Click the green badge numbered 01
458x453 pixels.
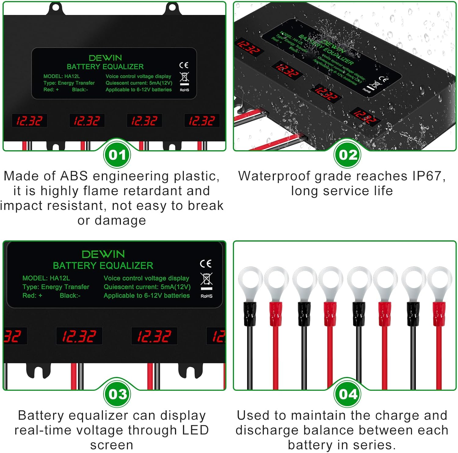tap(117, 155)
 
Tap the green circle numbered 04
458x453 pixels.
tap(348, 394)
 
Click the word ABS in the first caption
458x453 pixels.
tap(74, 176)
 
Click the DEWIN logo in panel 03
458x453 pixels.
tap(103, 254)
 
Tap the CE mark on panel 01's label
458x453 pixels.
tap(184, 65)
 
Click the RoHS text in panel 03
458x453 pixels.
tap(206, 296)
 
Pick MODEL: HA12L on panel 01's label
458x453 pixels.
tap(61, 76)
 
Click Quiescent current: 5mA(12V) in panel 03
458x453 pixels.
tap(147, 287)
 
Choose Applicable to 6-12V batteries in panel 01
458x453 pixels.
tap(139, 90)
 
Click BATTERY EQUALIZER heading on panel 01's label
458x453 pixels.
tap(105, 67)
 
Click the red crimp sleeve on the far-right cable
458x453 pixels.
tap(439, 314)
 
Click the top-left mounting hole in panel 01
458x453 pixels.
tap(55, 7)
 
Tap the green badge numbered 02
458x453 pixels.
tap(348, 155)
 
